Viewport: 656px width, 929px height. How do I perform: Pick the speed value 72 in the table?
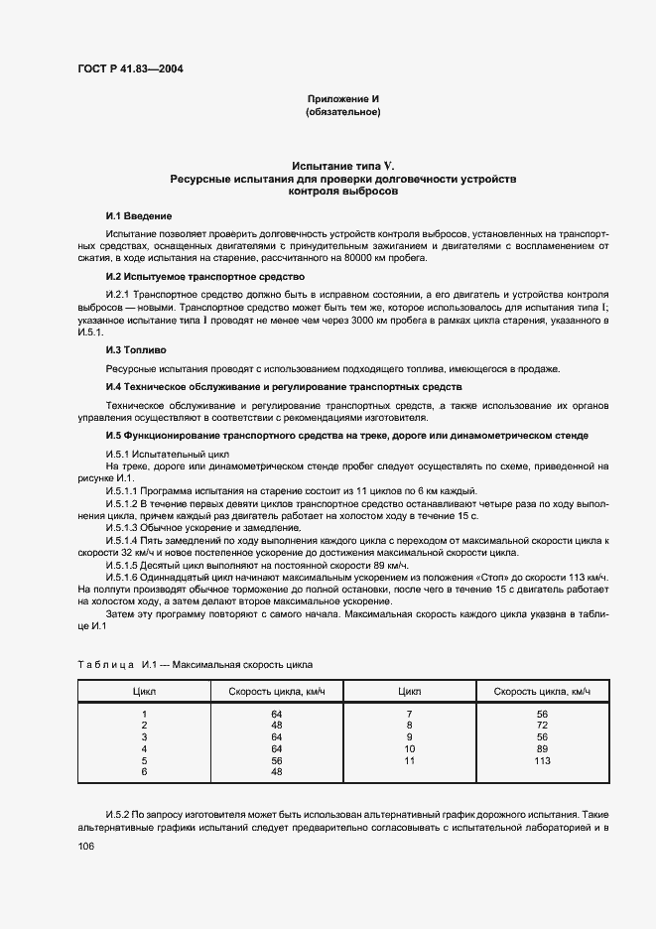pos(541,726)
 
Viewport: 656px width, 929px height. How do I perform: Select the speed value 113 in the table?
pos(541,760)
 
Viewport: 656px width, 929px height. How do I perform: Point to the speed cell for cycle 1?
pos(277,714)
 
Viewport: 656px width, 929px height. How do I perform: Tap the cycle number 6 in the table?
pos(144,771)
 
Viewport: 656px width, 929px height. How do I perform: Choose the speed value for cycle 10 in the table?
pos(541,748)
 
